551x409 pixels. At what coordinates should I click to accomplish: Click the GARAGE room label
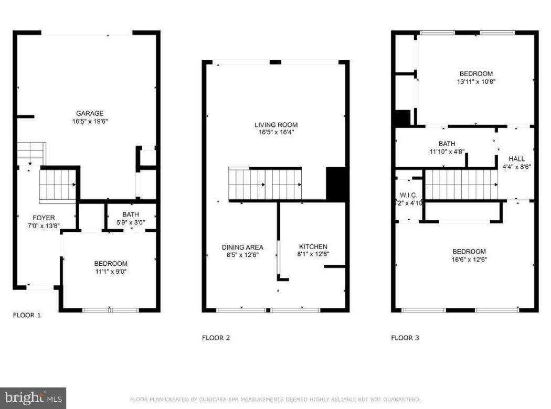[x=90, y=113]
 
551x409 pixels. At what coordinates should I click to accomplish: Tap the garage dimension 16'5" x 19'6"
[x=90, y=121]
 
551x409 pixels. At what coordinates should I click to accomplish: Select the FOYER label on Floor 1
[x=44, y=218]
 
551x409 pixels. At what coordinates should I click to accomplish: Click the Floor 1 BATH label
[x=131, y=214]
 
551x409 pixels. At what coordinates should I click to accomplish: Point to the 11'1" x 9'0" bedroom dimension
[x=110, y=272]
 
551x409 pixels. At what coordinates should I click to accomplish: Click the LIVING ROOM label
[x=276, y=125]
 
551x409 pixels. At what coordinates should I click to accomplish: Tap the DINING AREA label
[x=242, y=247]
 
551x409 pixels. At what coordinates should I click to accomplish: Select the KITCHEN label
[x=313, y=246]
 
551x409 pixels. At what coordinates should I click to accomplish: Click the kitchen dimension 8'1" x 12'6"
[x=313, y=255]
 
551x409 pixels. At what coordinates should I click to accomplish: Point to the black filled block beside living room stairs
[x=336, y=184]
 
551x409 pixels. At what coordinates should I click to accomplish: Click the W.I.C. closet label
[x=408, y=195]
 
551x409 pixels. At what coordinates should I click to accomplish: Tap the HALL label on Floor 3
[x=516, y=159]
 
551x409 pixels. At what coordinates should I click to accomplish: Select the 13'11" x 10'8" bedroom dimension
[x=476, y=82]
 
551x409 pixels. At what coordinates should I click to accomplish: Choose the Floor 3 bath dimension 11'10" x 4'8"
[x=447, y=152]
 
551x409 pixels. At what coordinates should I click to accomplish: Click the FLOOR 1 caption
[x=26, y=315]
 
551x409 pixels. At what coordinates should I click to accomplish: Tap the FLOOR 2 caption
[x=216, y=338]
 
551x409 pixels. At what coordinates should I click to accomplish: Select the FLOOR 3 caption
[x=405, y=338]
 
